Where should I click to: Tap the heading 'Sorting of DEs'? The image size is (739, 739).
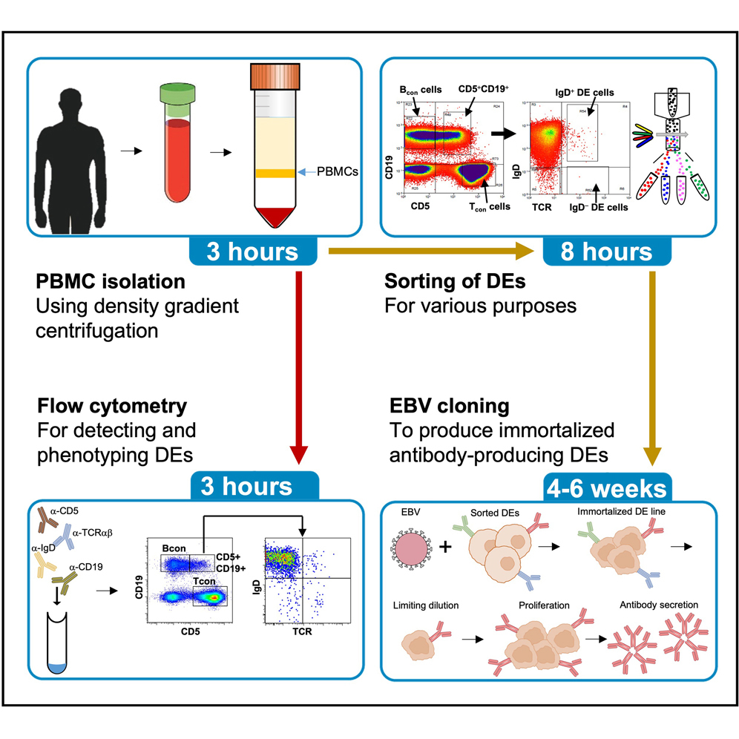[444, 282]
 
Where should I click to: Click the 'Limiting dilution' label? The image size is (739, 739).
[427, 605]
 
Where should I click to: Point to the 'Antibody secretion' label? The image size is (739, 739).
[658, 605]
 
